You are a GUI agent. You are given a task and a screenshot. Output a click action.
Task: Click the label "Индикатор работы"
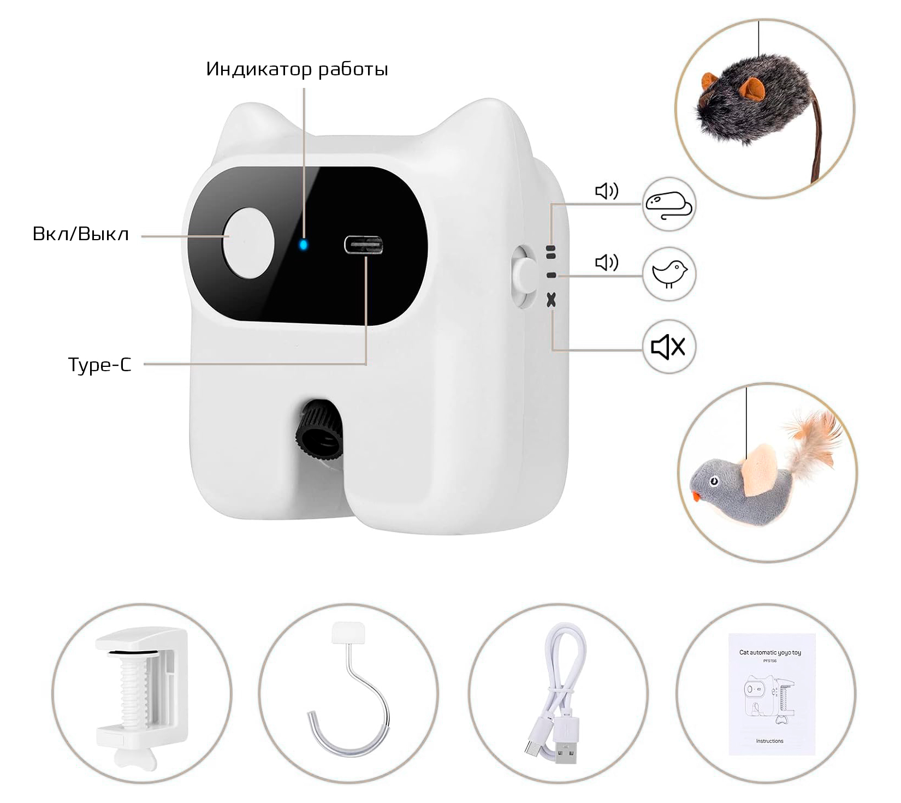(x=297, y=69)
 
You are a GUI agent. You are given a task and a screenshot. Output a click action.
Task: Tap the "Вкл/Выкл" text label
(x=81, y=234)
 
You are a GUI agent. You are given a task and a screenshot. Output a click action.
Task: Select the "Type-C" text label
(x=100, y=364)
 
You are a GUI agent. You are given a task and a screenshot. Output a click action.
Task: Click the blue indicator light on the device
(x=304, y=244)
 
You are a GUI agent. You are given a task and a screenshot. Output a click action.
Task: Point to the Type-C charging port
(x=363, y=245)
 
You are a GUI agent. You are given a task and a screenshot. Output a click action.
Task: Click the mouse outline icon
(x=669, y=205)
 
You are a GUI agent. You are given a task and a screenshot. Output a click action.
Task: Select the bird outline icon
(x=669, y=273)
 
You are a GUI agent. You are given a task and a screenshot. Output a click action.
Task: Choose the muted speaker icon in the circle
(x=669, y=347)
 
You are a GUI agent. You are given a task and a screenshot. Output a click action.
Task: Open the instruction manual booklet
(x=770, y=694)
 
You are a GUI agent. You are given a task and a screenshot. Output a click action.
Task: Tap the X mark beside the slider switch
(x=552, y=299)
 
